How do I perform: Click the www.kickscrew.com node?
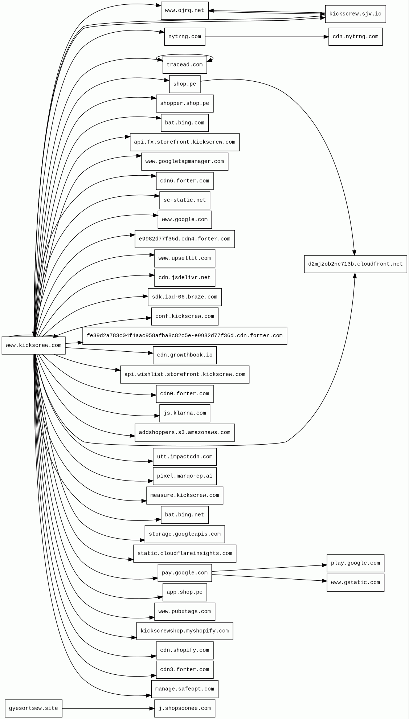coord(33,345)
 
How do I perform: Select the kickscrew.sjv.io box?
coord(355,14)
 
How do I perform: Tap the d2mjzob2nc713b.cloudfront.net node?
coord(355,264)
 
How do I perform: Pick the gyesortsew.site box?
coord(33,708)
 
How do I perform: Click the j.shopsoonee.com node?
coord(184,708)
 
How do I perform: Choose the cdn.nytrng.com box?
coord(355,37)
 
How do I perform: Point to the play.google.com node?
coord(355,563)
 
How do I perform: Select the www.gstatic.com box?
coord(355,583)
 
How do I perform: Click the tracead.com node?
coord(184,65)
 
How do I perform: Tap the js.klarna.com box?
coord(184,413)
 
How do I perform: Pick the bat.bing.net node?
coord(184,515)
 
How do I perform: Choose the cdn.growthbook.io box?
coord(184,355)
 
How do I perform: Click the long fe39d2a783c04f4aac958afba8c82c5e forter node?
coord(184,336)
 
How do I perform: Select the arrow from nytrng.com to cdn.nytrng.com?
coord(267,37)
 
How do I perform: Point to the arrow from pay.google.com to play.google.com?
coord(269,568)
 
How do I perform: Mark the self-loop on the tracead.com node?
coord(185,55)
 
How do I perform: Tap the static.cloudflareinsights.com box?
coord(184,553)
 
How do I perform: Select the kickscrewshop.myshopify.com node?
coord(184,631)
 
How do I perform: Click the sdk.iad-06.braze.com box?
coord(184,297)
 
